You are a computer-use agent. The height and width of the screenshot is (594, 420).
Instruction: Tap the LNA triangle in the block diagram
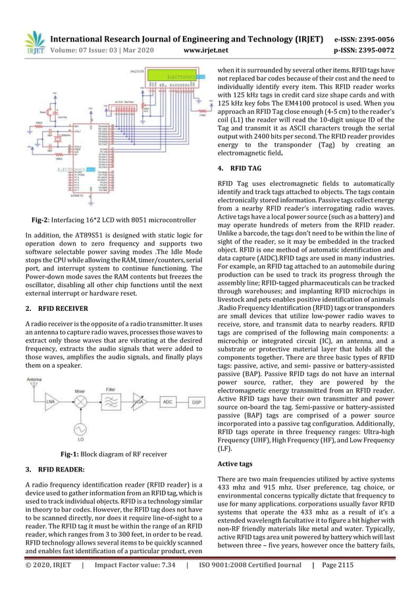(x=49, y=401)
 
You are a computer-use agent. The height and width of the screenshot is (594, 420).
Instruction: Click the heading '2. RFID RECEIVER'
(x=57, y=306)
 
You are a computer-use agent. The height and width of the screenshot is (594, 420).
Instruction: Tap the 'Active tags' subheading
(x=236, y=464)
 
